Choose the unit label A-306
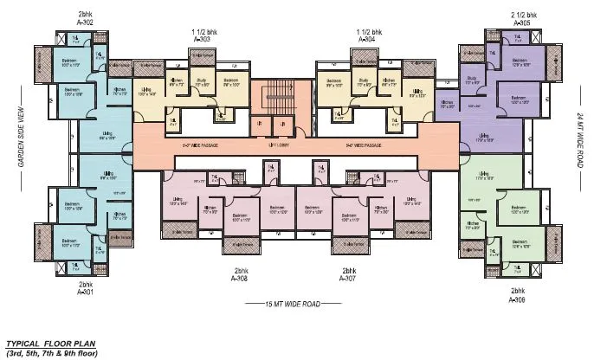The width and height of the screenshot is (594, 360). (518, 299)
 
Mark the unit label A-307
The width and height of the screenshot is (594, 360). (348, 279)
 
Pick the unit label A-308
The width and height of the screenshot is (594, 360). (240, 279)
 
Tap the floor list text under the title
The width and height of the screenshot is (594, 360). (52, 353)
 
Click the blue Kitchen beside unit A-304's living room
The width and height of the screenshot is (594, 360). (447, 103)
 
